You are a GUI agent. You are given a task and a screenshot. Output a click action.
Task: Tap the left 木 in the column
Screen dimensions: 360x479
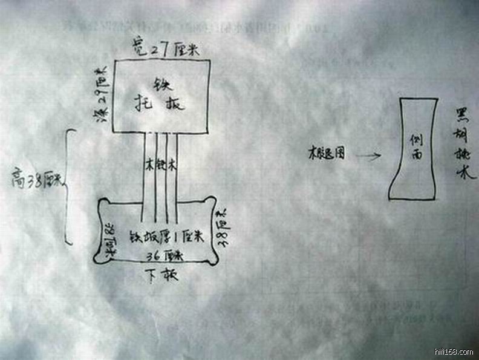149,164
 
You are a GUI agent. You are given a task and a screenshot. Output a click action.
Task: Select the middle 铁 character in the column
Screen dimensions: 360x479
160,164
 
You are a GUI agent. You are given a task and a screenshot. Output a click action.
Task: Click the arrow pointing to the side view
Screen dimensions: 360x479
368,156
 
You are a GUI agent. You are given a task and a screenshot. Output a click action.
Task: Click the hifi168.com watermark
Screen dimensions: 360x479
454,352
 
